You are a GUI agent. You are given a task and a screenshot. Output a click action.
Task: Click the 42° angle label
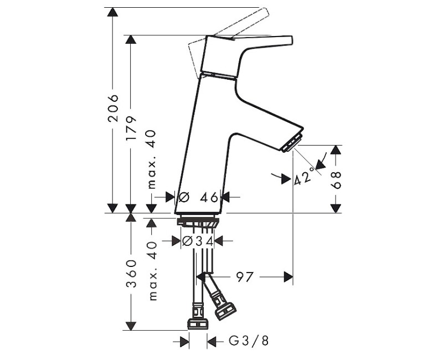point(305,176)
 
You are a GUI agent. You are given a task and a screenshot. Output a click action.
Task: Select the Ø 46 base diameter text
point(199,197)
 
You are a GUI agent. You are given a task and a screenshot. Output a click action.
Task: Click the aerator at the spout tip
point(292,142)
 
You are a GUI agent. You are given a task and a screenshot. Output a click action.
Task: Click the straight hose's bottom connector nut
point(198,323)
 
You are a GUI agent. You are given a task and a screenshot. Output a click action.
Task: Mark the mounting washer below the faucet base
point(198,221)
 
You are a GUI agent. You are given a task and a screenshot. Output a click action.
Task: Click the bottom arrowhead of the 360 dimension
point(131,326)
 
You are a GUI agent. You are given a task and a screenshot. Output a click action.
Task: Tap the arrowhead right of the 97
point(288,276)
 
